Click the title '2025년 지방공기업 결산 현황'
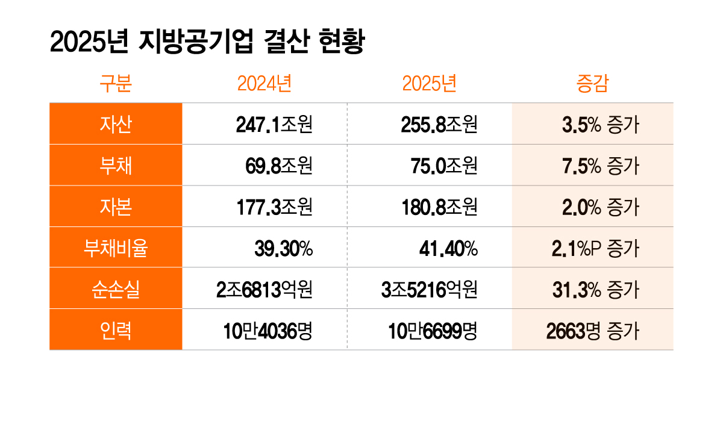pyautogui.click(x=207, y=42)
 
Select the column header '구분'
pyautogui.click(x=116, y=83)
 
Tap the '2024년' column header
pyautogui.click(x=264, y=83)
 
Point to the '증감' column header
pyautogui.click(x=592, y=83)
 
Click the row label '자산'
pyautogui.click(x=116, y=124)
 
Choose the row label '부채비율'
pyautogui.click(x=116, y=248)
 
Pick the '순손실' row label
pyautogui.click(x=116, y=289)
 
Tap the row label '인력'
pyautogui.click(x=116, y=331)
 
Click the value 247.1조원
pyautogui.click(x=274, y=125)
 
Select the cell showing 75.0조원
pyautogui.click(x=444, y=166)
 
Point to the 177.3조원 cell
pyautogui.click(x=274, y=207)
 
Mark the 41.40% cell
pyautogui.click(x=448, y=249)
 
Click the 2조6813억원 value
pyautogui.click(x=264, y=290)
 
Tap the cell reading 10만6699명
pyautogui.click(x=433, y=331)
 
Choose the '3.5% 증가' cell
pyautogui.click(x=600, y=125)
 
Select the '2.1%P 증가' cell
pyautogui.click(x=595, y=249)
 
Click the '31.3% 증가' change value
pyautogui.click(x=596, y=290)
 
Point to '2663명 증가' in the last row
pyautogui.click(x=593, y=331)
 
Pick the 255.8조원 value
pyautogui.click(x=439, y=125)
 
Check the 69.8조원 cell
pyautogui.click(x=279, y=166)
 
